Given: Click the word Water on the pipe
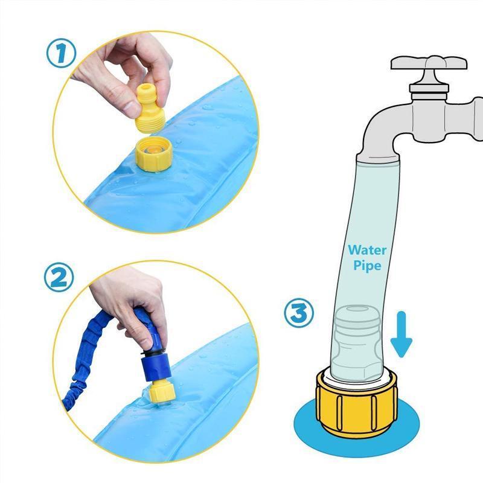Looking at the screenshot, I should [367, 249].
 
